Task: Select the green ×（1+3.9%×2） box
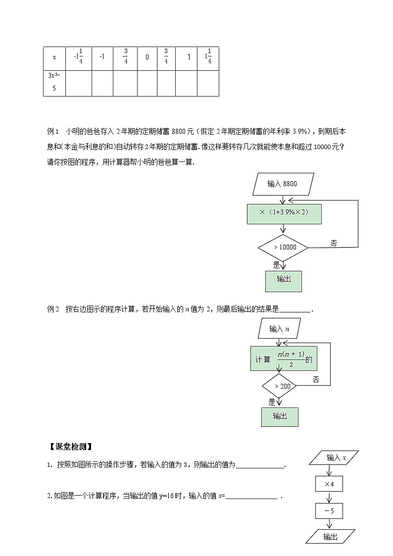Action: (x=284, y=213)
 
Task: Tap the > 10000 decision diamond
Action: (x=284, y=247)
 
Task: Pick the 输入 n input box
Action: (x=280, y=328)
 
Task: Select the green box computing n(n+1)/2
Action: (x=284, y=358)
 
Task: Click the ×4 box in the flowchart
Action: (x=329, y=484)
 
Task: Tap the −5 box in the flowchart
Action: (x=329, y=510)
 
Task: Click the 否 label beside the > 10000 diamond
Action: (x=334, y=243)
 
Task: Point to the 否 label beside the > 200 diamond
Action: (x=316, y=380)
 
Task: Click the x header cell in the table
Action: (x=54, y=57)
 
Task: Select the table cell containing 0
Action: (x=147, y=57)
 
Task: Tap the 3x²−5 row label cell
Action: (x=54, y=83)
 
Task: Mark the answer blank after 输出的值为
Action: (x=261, y=466)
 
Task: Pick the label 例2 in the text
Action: (x=53, y=309)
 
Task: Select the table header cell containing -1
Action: (x=102, y=57)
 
